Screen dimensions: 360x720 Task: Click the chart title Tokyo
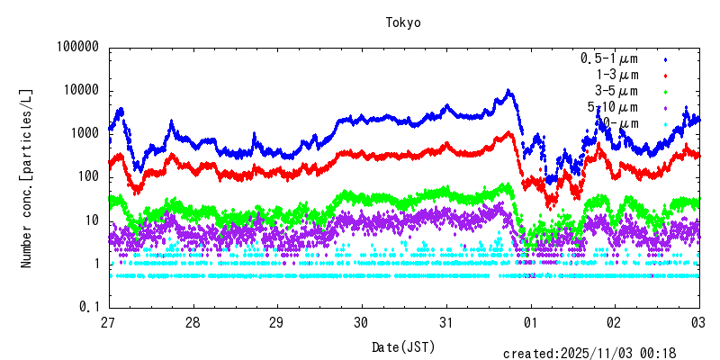click(403, 22)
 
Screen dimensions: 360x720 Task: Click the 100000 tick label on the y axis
click(75, 48)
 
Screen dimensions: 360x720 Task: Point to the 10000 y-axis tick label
click(78, 91)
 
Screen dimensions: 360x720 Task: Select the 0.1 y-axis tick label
click(89, 307)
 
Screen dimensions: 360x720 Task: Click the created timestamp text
click(601, 354)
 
